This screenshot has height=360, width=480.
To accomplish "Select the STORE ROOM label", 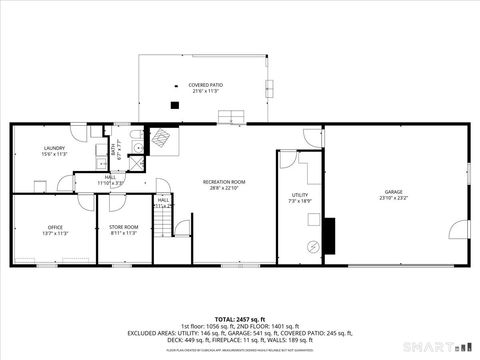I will [x=123, y=227].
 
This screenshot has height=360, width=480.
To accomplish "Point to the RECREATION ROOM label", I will [x=224, y=181].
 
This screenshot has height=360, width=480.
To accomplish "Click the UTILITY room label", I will [x=300, y=195].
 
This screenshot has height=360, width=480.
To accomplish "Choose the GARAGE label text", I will [x=393, y=192].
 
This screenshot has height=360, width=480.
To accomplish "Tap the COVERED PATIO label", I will [x=205, y=86].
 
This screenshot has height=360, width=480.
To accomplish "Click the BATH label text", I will [x=114, y=149].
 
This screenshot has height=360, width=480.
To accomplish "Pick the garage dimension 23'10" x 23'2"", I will [x=393, y=198].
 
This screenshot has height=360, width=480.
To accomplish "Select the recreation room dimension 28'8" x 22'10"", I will [x=224, y=188].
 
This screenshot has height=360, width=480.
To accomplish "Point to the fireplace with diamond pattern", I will [x=160, y=139].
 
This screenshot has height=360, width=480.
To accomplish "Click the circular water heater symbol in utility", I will [x=313, y=246].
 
